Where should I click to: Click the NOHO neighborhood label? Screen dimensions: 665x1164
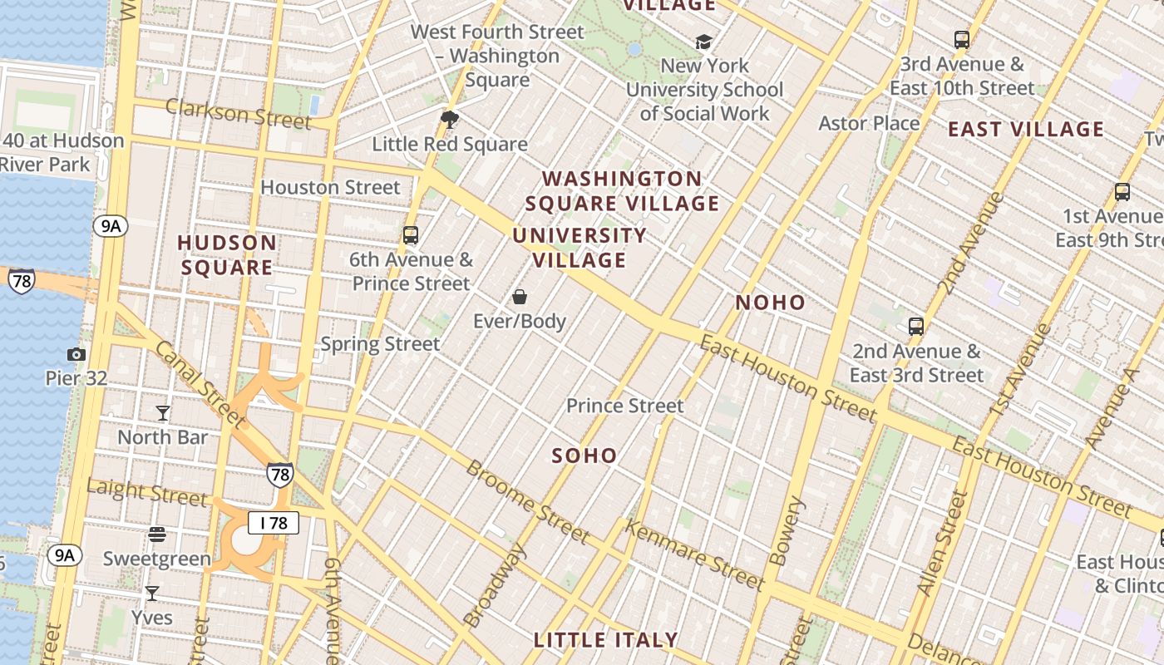770,303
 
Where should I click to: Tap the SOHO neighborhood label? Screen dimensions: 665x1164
584,456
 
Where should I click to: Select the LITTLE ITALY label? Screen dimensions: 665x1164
605,640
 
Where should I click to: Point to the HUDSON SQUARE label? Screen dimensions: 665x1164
227,255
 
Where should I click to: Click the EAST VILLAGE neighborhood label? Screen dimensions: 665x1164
1026,130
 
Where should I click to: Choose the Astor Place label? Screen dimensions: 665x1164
869,124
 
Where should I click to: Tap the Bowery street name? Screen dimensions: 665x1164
786,531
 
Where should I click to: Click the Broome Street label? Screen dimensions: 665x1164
527,500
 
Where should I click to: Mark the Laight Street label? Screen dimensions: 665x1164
146,492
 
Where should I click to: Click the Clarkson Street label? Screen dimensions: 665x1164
238,112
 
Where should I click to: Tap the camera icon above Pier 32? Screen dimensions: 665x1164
76,355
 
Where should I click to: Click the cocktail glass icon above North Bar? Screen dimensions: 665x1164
163,413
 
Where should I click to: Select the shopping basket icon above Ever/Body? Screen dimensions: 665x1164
520,297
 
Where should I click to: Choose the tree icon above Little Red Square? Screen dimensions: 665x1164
450,120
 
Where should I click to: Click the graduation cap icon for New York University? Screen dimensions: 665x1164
703,42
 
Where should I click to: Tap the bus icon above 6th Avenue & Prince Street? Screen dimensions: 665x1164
411,235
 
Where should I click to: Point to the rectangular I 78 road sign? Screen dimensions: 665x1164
273,523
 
